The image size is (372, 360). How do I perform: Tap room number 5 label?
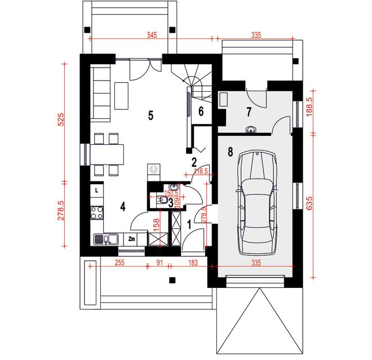click(x=150, y=115)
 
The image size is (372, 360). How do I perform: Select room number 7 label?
click(x=249, y=112)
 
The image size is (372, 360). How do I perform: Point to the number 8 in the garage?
click(x=230, y=152)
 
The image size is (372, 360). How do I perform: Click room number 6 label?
click(x=201, y=111)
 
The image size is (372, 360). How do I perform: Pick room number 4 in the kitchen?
click(x=123, y=207)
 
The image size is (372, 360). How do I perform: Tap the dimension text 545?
click(x=152, y=35)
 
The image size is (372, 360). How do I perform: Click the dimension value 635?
click(x=309, y=203)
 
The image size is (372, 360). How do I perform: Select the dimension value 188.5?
click(x=309, y=107)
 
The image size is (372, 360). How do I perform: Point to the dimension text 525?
click(x=61, y=119)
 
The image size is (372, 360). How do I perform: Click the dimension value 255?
click(x=119, y=263)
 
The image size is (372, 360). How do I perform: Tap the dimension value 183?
click(x=193, y=263)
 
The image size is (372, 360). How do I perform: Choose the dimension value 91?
click(x=160, y=263)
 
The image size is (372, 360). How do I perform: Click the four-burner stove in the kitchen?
click(x=97, y=213)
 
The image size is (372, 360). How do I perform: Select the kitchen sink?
click(x=106, y=239)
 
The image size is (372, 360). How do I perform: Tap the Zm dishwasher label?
click(x=131, y=239)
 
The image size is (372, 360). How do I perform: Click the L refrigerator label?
click(x=96, y=190)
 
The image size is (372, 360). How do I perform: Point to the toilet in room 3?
click(x=162, y=199)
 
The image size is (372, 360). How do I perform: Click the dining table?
click(x=107, y=154)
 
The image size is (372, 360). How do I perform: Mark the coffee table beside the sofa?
click(x=122, y=96)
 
